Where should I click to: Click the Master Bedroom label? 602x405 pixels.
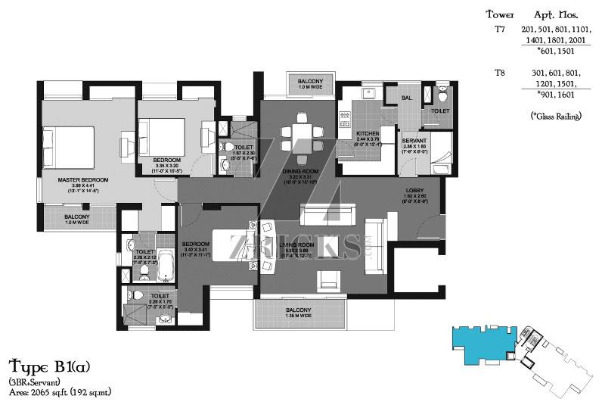[x=83, y=179]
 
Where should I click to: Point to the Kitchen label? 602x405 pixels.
[x=368, y=133]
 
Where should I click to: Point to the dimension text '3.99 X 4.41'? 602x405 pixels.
[x=83, y=185]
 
